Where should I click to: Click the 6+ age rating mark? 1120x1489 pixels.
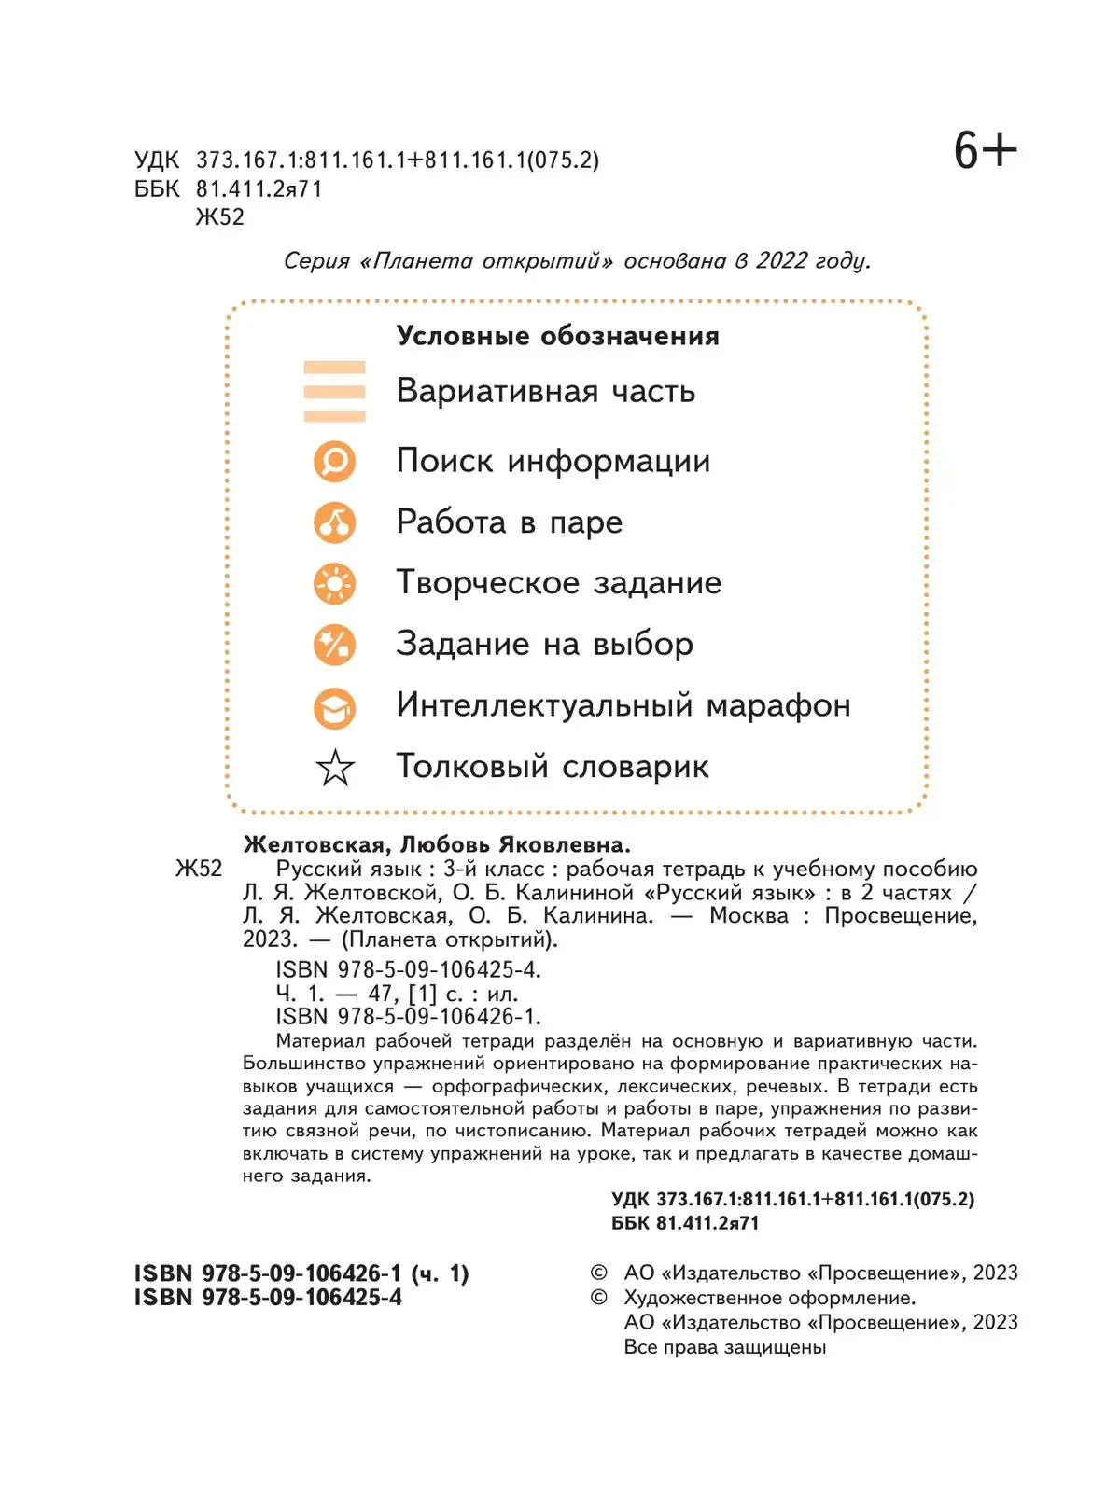[985, 151]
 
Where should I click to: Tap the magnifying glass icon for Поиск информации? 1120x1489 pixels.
[334, 461]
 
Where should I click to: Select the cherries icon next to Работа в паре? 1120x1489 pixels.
[334, 522]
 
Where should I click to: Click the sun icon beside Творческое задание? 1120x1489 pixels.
[334, 583]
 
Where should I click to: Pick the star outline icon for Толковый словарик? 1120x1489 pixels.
[335, 768]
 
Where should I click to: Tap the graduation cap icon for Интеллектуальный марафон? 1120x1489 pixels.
[334, 707]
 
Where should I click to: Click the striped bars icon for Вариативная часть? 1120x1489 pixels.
[334, 392]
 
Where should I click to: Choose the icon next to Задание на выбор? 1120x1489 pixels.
[334, 645]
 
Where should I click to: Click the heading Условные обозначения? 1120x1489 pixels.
[557, 336]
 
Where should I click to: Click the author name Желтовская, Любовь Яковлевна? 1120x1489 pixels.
[437, 845]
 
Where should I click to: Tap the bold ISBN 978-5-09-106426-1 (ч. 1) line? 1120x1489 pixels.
[301, 1273]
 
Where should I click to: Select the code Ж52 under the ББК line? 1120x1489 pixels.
[219, 217]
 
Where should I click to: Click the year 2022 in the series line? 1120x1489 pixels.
[781, 261]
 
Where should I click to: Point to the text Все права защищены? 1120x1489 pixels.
[724, 1347]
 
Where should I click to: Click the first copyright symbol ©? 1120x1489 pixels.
[598, 1273]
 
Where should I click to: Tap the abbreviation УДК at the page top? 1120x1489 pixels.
[156, 160]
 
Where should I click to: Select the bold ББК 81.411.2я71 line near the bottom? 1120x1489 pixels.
[685, 1223]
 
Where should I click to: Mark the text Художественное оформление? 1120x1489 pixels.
[769, 1298]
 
